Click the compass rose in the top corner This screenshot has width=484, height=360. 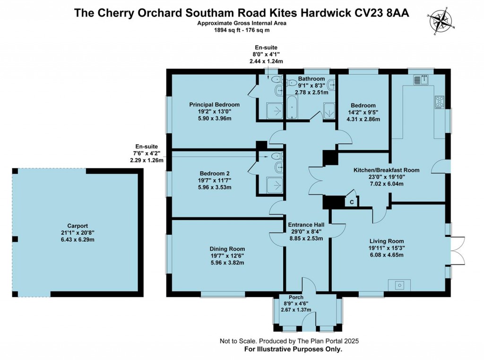441,20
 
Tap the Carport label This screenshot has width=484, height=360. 78,226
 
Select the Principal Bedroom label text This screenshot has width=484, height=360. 214,105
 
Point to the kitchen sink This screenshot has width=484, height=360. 420,80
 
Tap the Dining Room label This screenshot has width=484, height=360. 227,249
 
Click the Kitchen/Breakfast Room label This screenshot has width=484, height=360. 387,170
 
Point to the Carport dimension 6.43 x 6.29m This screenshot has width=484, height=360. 78,240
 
